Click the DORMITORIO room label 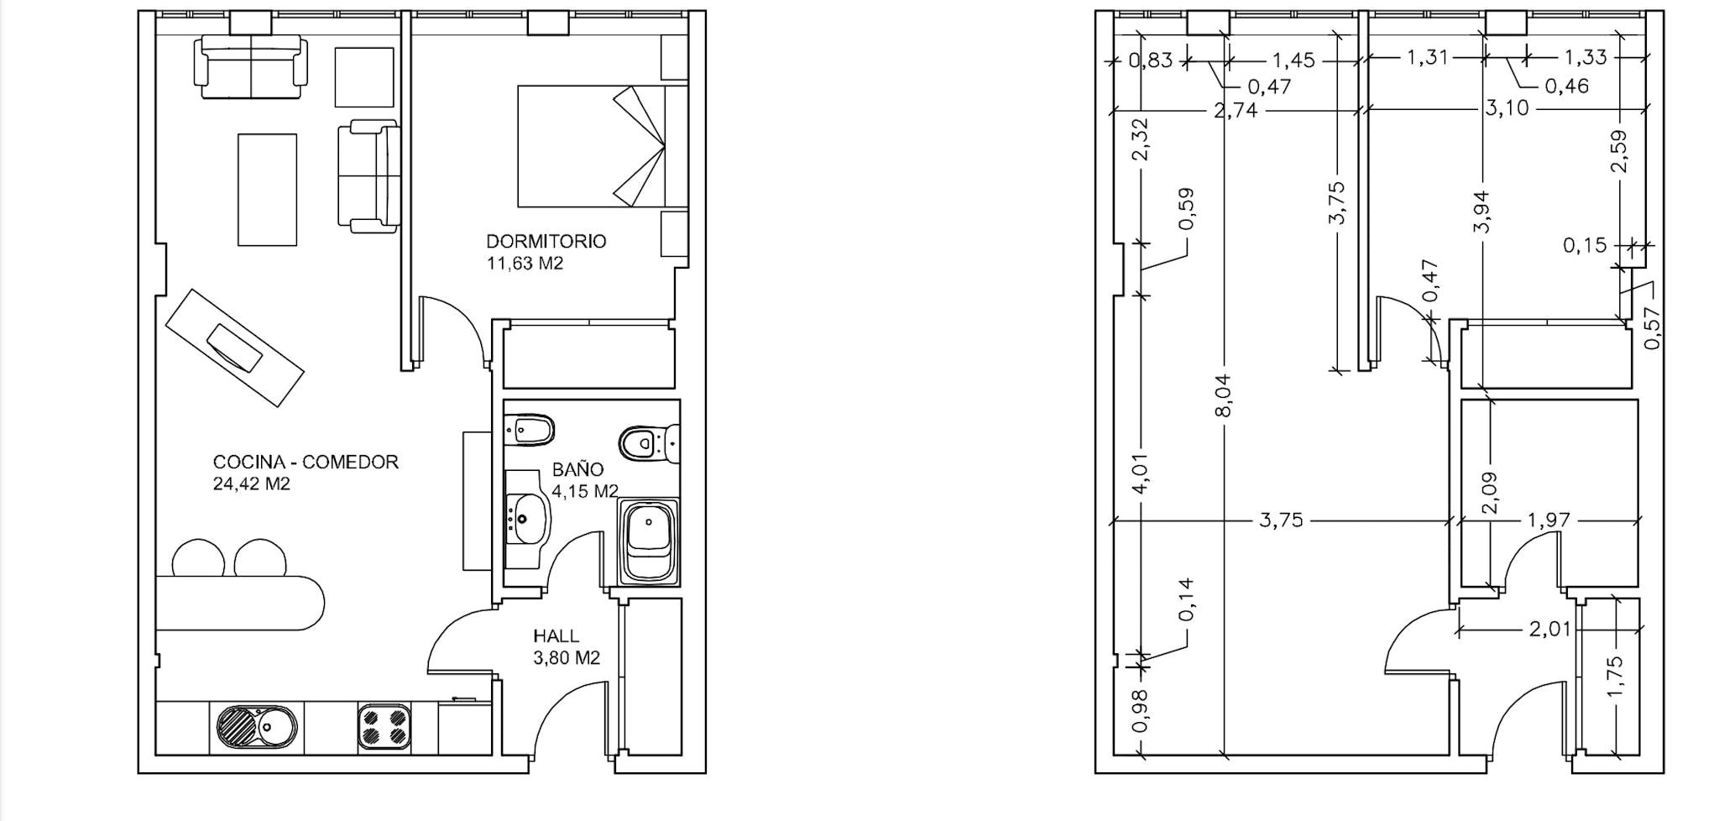546,242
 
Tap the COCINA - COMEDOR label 306,462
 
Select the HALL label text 556,636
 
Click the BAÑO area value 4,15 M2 585,491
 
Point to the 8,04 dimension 1224,395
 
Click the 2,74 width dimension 1236,110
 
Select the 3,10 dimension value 1507,108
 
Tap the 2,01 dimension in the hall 1549,629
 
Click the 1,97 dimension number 1549,520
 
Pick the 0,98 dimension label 1139,711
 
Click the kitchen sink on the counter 257,727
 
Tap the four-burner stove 384,727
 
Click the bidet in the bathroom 530,431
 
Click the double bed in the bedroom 603,146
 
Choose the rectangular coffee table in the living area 267,190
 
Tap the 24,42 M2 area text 251,484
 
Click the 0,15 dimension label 1585,246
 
